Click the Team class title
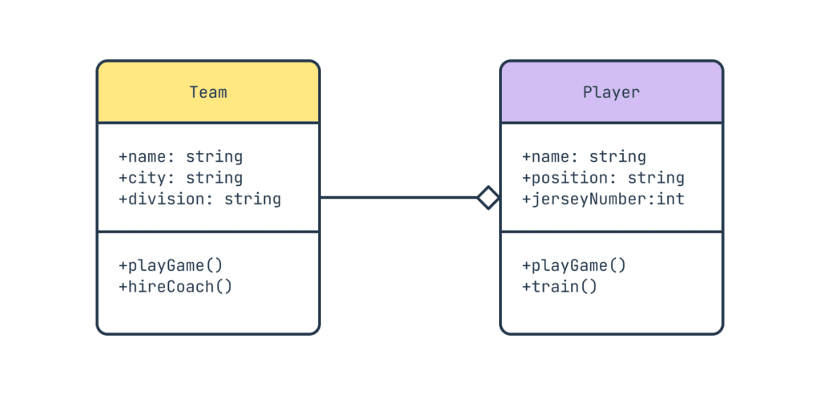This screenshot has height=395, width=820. (x=208, y=92)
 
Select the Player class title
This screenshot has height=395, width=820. (x=611, y=92)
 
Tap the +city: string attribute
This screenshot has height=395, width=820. (x=180, y=178)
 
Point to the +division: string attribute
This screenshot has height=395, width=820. (x=199, y=199)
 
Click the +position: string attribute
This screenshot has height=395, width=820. (x=603, y=178)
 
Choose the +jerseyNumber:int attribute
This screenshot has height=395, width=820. (x=603, y=199)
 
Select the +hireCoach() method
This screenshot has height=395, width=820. (x=175, y=286)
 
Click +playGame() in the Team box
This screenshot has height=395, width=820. (x=171, y=265)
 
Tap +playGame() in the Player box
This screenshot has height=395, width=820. (x=574, y=265)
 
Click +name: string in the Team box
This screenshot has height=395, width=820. (x=180, y=157)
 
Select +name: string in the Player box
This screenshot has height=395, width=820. (x=584, y=157)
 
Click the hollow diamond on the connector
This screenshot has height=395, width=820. (x=488, y=197)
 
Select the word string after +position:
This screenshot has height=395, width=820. (x=656, y=178)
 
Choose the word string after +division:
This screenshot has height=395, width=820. (x=252, y=199)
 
